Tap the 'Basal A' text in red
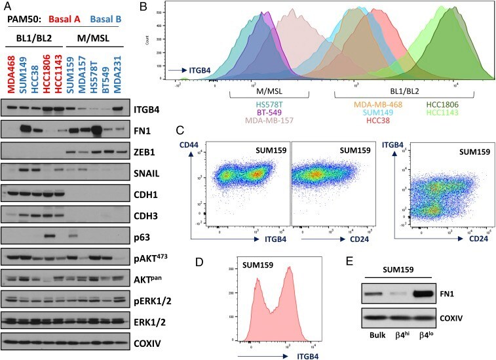click(64, 20)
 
